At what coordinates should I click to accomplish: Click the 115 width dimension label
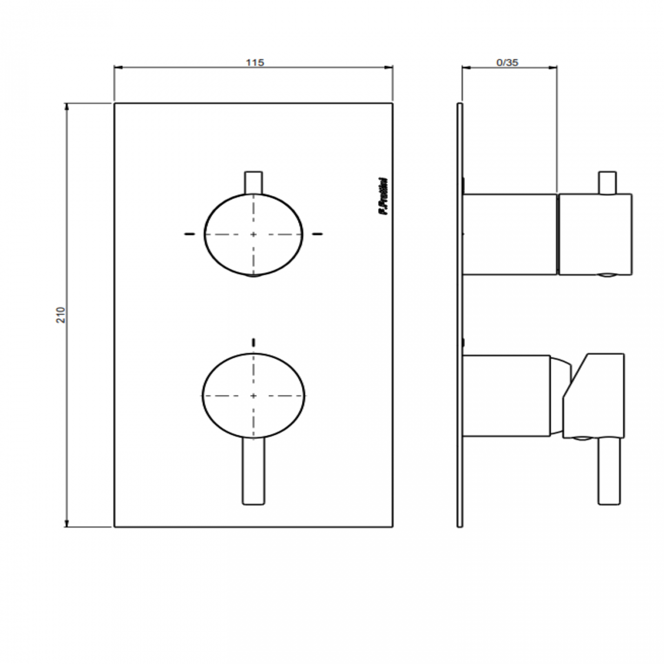[x=254, y=62]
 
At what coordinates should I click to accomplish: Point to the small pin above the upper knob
[x=253, y=182]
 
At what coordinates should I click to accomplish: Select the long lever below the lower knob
[x=253, y=472]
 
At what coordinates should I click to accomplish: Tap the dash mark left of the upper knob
[x=189, y=234]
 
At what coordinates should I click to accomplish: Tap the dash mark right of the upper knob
[x=318, y=234]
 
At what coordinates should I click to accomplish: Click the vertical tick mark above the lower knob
[x=253, y=342]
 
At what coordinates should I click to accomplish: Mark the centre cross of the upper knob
[x=253, y=234]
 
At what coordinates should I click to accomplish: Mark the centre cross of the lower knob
[x=253, y=395]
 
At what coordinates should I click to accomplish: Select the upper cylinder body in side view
[x=510, y=234]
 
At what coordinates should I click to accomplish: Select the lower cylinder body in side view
[x=506, y=396]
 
